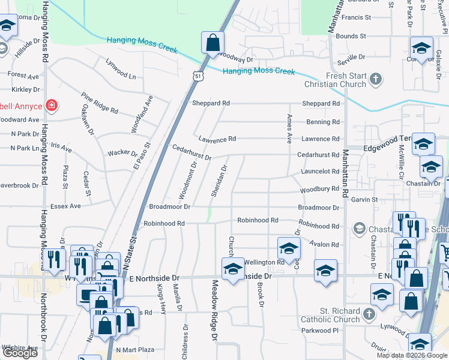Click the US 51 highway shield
click(x=198, y=76)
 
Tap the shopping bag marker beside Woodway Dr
click(x=212, y=43)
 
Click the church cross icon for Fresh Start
click(x=376, y=79)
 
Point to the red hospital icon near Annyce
click(x=52, y=106)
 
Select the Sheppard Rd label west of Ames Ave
click(x=211, y=103)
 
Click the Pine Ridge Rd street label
click(x=100, y=103)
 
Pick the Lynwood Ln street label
click(x=121, y=70)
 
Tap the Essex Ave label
click(x=66, y=206)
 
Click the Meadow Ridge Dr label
click(x=214, y=310)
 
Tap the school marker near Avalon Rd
click(x=289, y=248)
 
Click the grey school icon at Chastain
click(x=359, y=228)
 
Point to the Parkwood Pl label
click(x=321, y=330)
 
